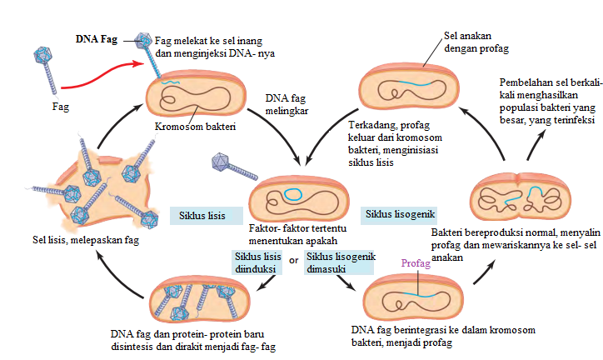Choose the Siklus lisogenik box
tap(399, 214)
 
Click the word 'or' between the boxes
tap(293, 260)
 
